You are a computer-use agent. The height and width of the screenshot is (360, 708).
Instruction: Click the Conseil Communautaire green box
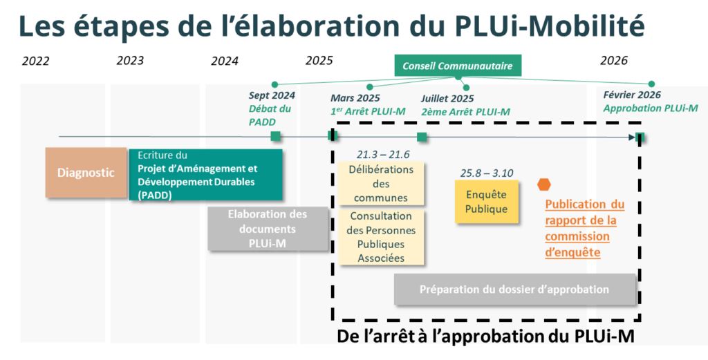(458, 66)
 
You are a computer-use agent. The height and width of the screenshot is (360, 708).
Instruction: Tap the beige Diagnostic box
(86, 173)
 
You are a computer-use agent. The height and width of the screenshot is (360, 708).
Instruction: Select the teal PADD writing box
(206, 175)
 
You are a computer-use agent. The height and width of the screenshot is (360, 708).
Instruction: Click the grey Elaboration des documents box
(268, 228)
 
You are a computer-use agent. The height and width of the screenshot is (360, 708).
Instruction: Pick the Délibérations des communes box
(380, 184)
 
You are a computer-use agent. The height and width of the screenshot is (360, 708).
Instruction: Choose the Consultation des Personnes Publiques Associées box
(380, 238)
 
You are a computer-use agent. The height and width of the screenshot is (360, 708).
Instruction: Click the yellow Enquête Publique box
(486, 202)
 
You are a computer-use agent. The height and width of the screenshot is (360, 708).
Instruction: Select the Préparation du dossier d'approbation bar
(514, 290)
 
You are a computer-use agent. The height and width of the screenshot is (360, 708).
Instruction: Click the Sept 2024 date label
(272, 96)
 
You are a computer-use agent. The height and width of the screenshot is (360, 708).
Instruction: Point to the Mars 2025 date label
(355, 99)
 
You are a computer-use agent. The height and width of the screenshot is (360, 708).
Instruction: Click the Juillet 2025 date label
(447, 99)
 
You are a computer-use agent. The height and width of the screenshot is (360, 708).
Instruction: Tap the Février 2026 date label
(631, 95)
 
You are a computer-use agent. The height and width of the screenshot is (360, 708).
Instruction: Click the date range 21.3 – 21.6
(383, 154)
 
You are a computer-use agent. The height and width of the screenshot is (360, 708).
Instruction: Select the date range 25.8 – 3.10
(487, 173)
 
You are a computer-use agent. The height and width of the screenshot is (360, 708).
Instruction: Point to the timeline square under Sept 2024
(275, 137)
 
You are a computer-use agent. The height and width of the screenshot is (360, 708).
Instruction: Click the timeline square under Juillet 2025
(422, 137)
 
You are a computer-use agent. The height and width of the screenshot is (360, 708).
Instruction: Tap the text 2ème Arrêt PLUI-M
(465, 111)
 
